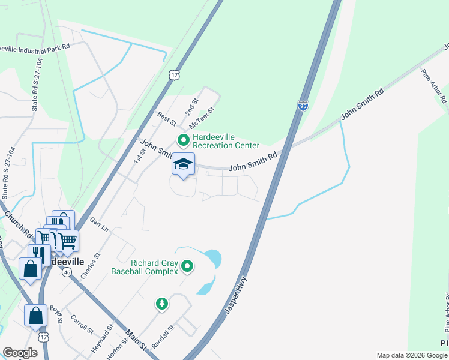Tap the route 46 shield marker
(67, 272)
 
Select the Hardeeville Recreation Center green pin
(184, 141)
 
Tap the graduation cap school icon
(184, 164)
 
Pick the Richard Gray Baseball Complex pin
(187, 266)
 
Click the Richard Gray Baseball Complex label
(145, 266)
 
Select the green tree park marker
(161, 304)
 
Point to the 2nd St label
(191, 108)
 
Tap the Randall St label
(163, 337)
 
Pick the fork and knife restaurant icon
(37, 253)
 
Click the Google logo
(20, 353)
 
